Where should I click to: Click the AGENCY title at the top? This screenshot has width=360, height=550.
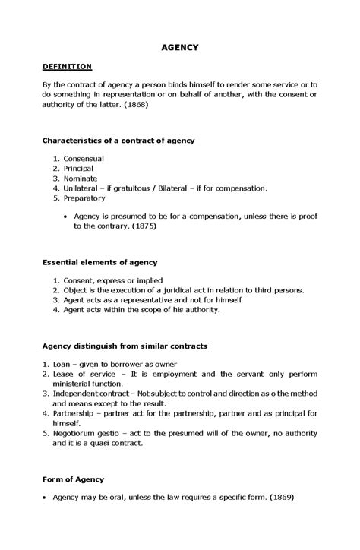180,47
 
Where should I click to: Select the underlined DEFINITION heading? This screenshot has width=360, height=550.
67,67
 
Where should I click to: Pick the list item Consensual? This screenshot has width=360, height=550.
84,158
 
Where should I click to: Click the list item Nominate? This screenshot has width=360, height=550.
81,178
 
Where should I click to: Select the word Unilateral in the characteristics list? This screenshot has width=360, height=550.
82,188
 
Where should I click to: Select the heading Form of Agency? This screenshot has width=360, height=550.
73,479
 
